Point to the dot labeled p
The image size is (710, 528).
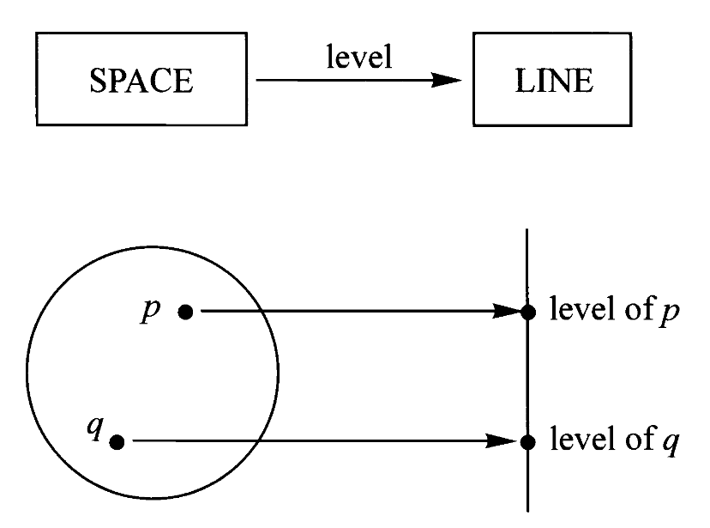pos(185,312)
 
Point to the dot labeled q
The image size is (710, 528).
pos(117,441)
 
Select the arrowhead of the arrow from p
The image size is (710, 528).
pos(507,312)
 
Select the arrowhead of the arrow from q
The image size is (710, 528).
pos(507,441)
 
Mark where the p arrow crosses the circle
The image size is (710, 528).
pos(265,312)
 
